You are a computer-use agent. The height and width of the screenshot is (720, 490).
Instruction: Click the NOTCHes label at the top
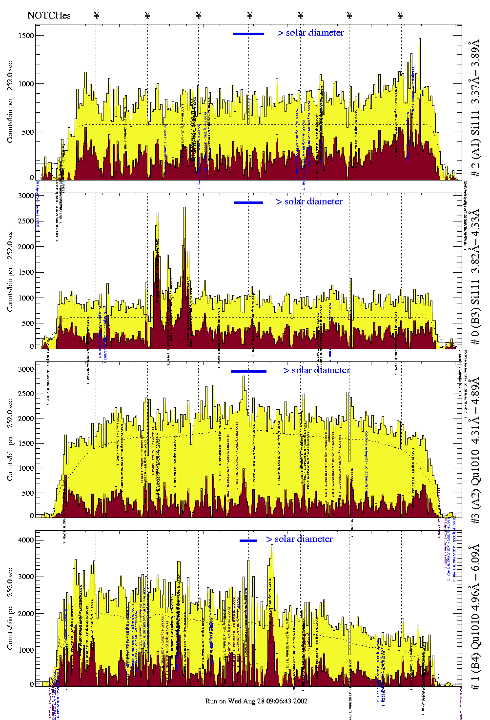coord(49,15)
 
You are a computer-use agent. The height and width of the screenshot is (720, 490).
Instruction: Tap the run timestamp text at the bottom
coord(256,701)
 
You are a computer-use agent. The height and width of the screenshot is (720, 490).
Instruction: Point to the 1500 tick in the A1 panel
coord(27,36)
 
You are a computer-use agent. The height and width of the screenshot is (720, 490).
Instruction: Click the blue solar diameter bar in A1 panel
coord(248,34)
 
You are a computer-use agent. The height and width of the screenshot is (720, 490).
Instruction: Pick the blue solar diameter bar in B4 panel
coord(248,540)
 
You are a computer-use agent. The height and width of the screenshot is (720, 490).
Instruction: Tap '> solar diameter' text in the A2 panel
coord(316,370)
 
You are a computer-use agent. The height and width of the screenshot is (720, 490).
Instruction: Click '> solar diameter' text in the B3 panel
coord(309,201)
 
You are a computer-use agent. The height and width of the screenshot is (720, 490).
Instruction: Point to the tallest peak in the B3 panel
coord(184,208)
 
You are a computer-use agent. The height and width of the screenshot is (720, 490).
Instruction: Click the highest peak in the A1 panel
coord(419,40)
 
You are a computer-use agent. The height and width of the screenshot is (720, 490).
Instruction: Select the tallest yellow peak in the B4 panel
coord(272,546)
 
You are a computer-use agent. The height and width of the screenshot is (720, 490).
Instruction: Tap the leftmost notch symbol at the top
coord(96,15)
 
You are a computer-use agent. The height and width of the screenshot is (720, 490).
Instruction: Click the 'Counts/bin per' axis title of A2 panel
coord(10,456)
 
